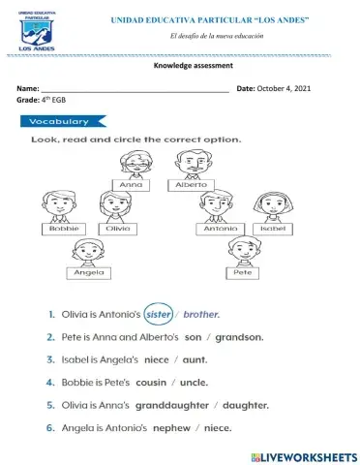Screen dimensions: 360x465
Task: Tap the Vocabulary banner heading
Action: (60, 122)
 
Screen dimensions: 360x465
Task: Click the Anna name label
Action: (131, 182)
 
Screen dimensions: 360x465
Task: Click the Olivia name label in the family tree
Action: (117, 229)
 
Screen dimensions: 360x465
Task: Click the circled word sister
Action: (158, 314)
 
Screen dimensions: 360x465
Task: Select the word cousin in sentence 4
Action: (153, 382)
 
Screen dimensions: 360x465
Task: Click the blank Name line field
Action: (135, 88)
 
